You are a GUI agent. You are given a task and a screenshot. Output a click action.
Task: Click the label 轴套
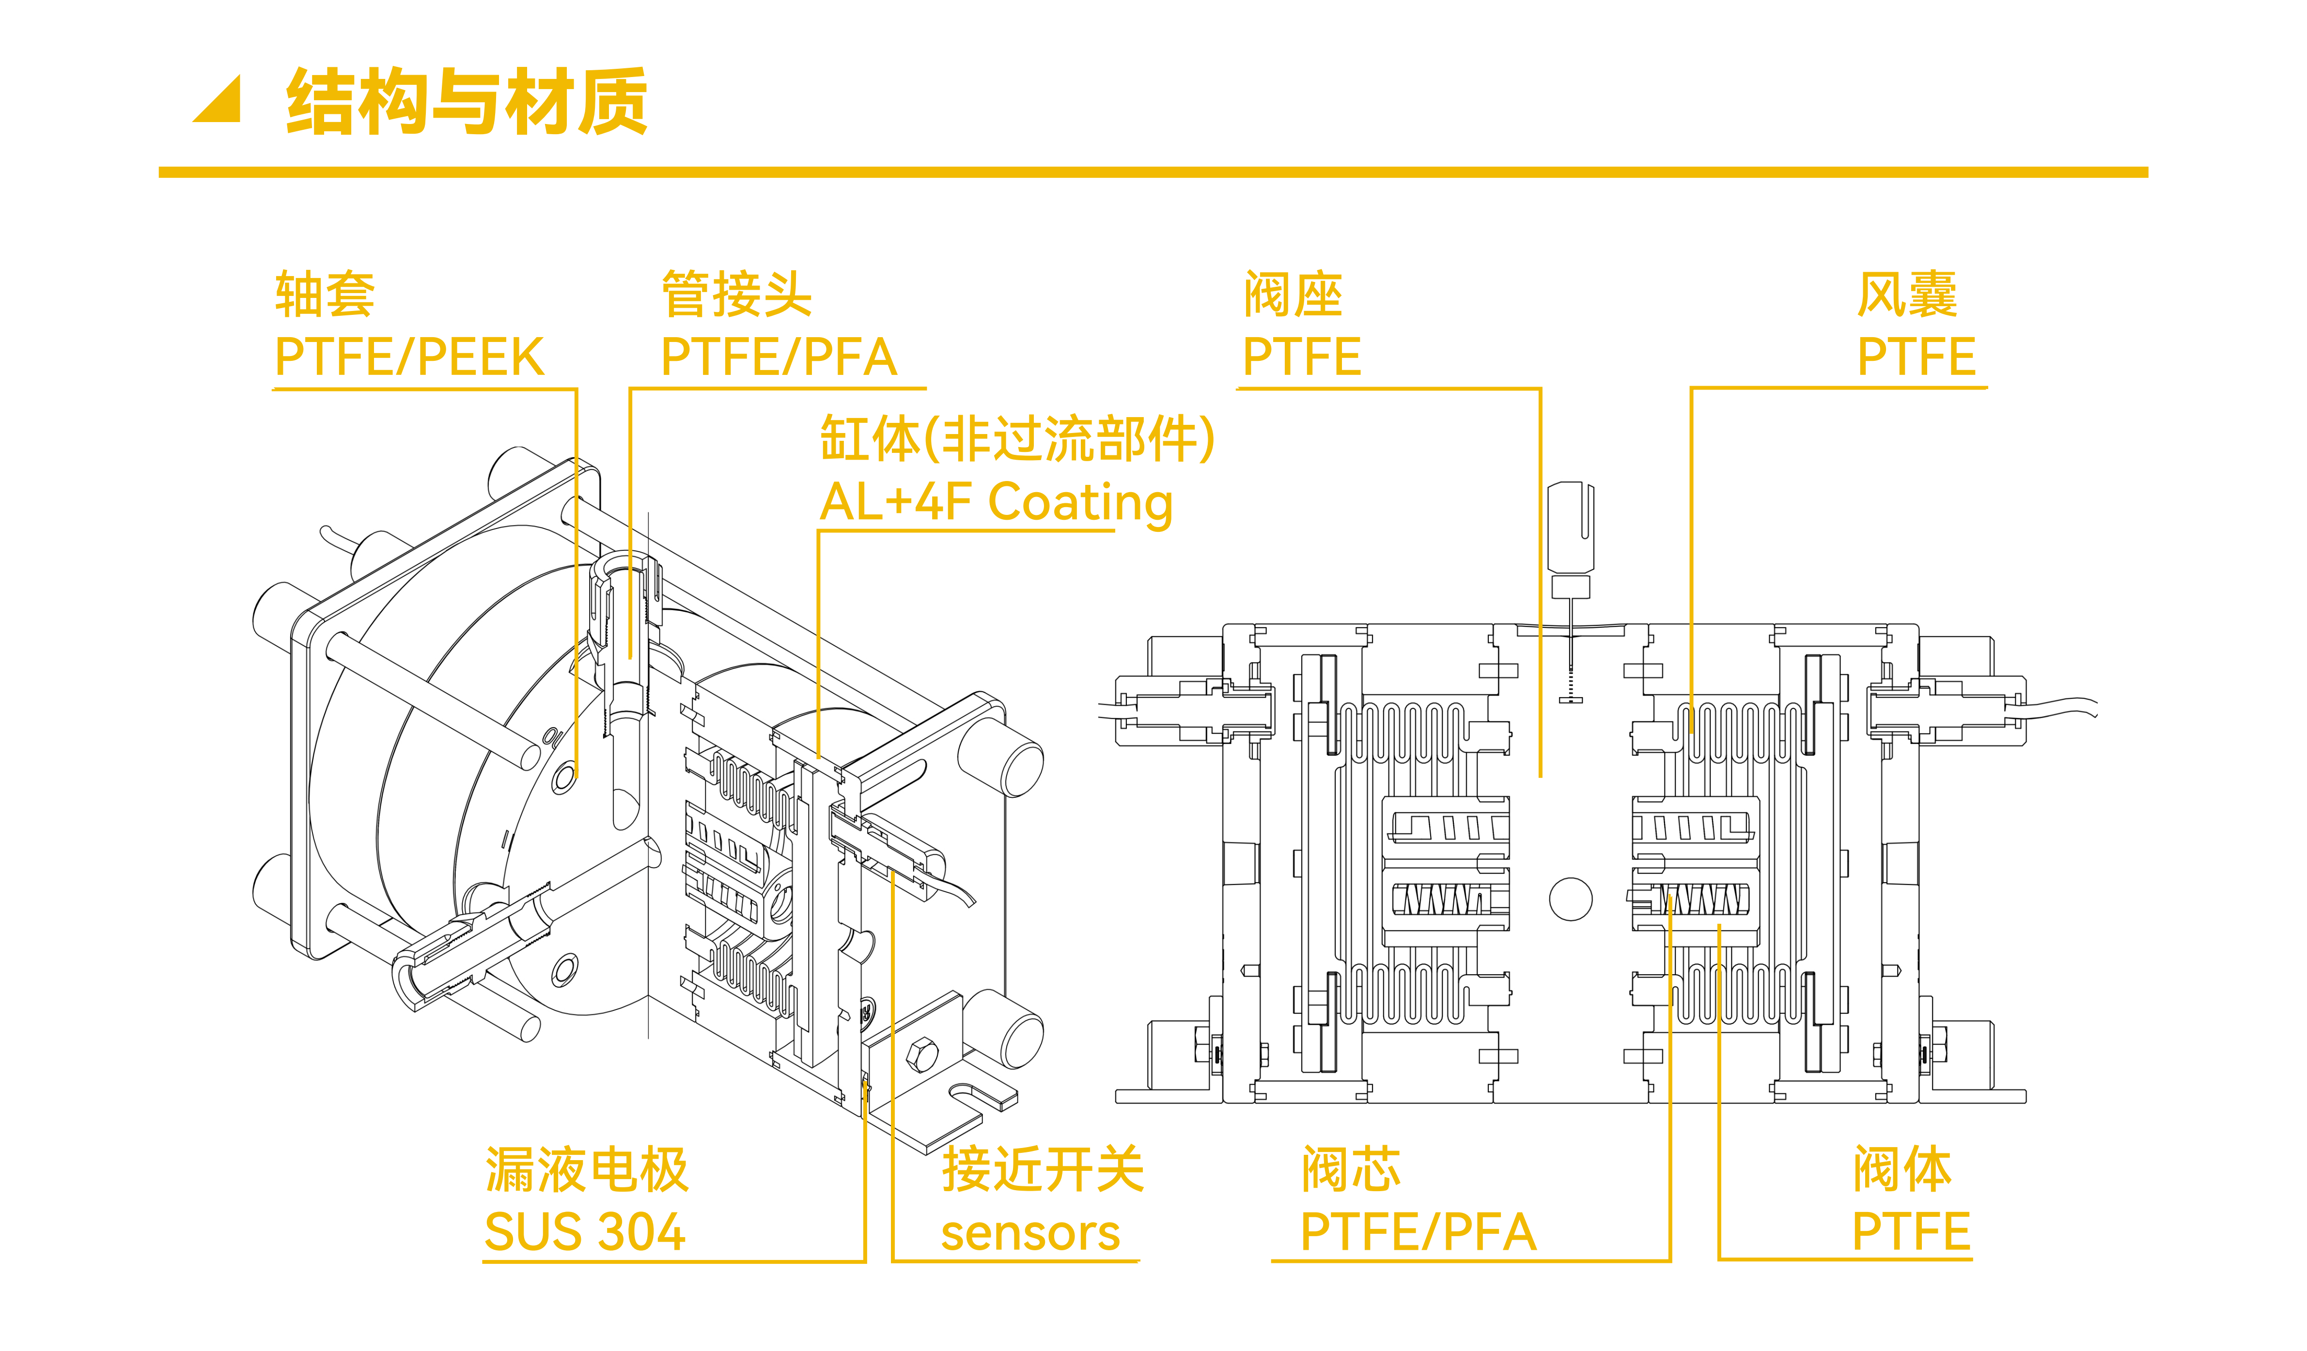(325, 295)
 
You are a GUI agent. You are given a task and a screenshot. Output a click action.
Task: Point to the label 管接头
(737, 295)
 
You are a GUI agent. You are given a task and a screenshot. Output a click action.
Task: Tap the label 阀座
(1293, 295)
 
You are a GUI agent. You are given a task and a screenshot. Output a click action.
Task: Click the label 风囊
(1907, 295)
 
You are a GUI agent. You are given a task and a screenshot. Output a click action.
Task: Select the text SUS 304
(585, 1232)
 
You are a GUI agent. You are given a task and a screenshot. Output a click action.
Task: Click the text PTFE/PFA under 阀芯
(1418, 1232)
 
